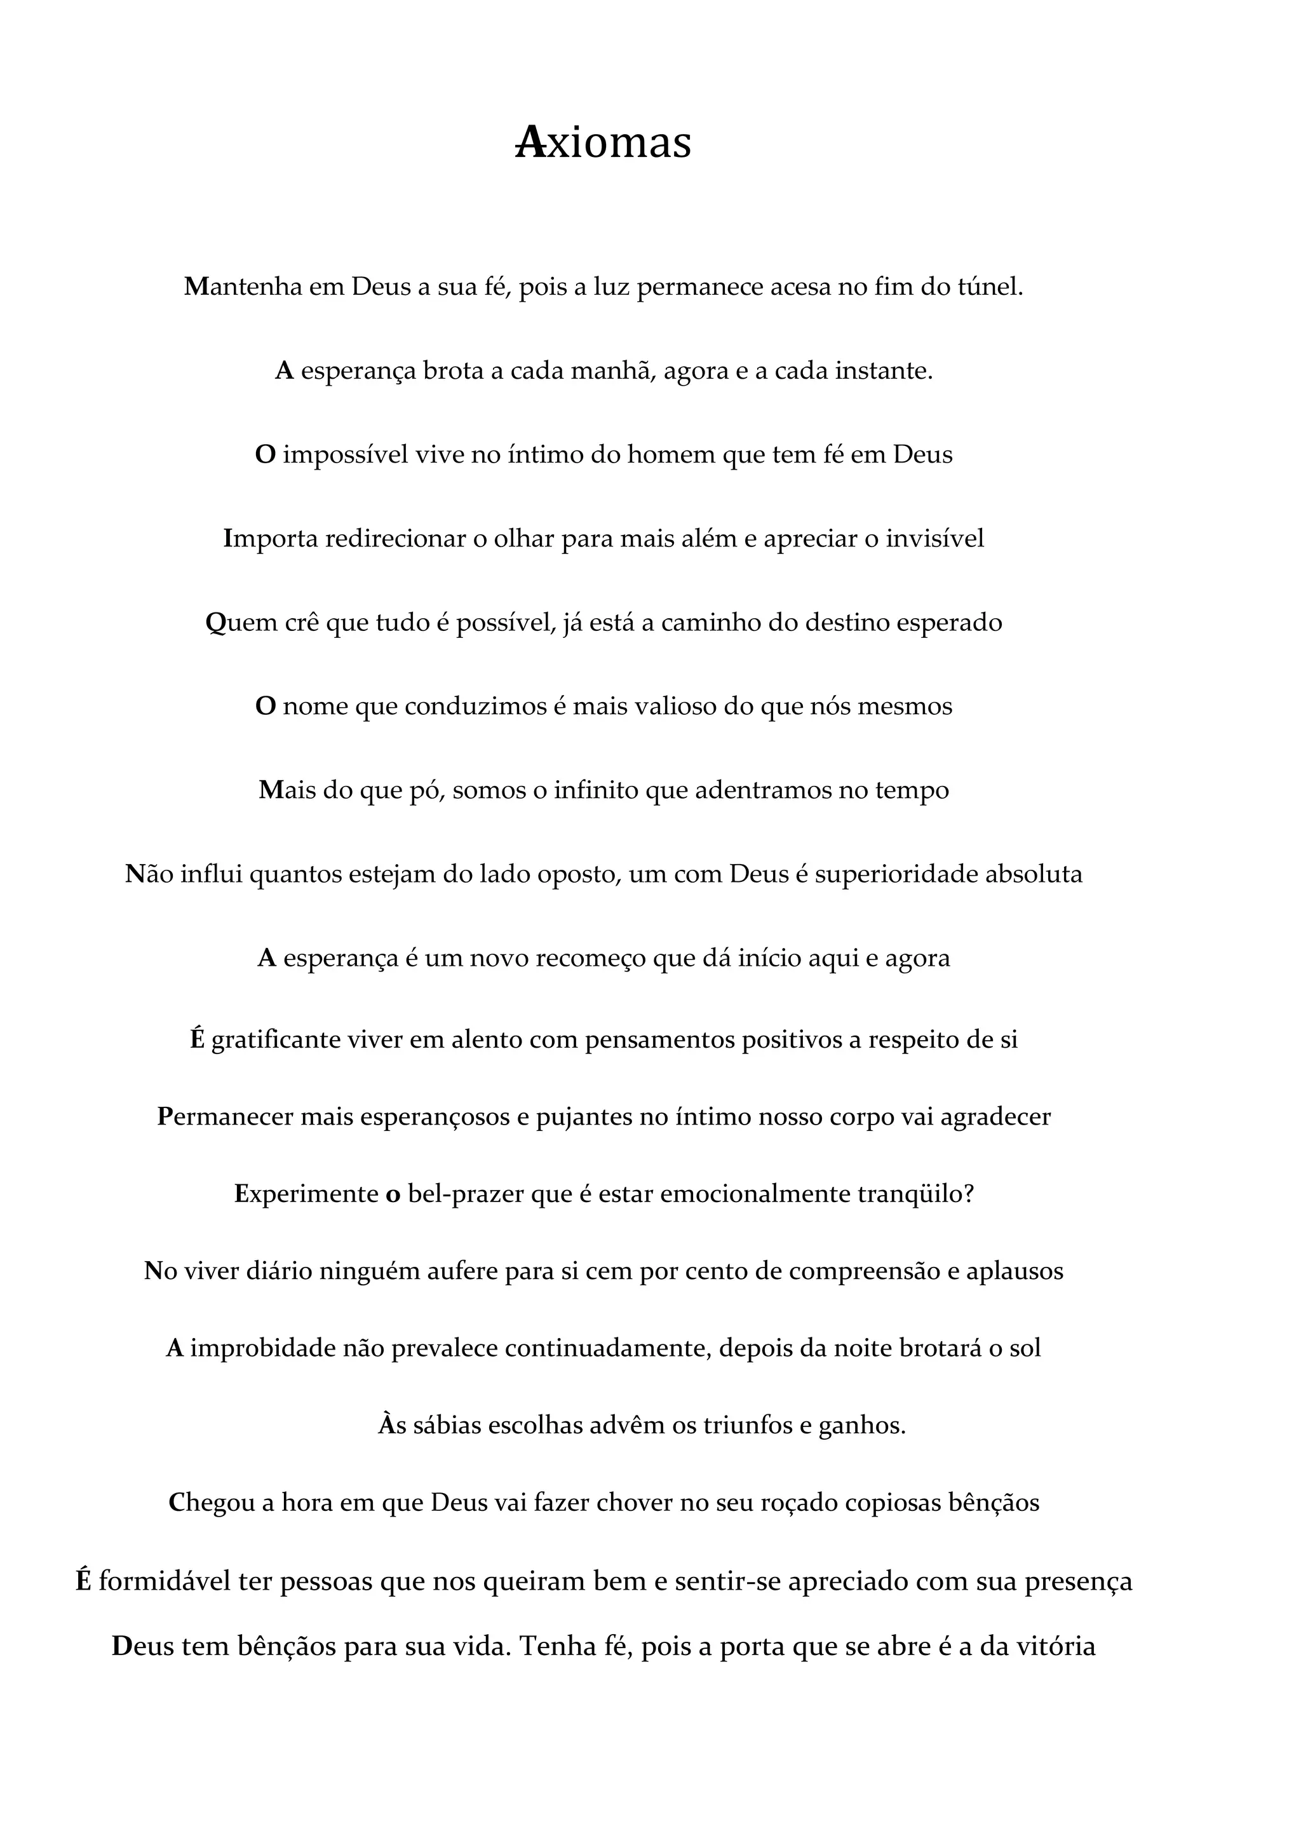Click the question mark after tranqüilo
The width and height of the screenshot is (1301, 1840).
pyautogui.click(x=969, y=1194)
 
